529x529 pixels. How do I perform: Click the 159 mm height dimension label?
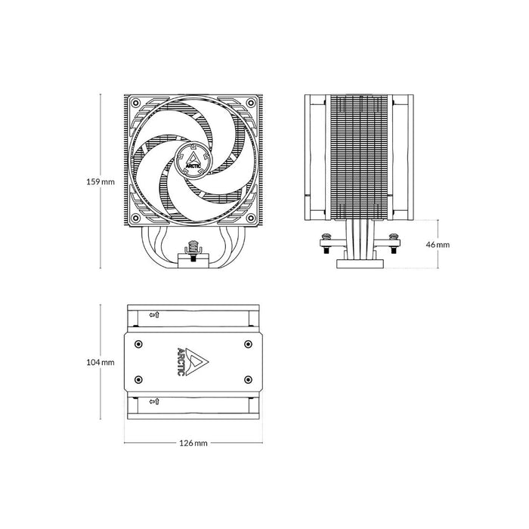click(101, 182)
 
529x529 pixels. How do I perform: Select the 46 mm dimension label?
click(438, 245)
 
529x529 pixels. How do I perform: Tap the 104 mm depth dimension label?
click(101, 362)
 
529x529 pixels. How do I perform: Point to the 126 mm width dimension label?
click(193, 443)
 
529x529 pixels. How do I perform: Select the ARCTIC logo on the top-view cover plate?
click(192, 362)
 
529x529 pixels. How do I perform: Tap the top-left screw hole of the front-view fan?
click(135, 103)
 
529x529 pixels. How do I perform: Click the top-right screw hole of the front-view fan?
click(251, 103)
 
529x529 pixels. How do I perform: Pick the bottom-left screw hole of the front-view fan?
click(135, 218)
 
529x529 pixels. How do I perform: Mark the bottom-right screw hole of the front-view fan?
click(251, 218)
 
